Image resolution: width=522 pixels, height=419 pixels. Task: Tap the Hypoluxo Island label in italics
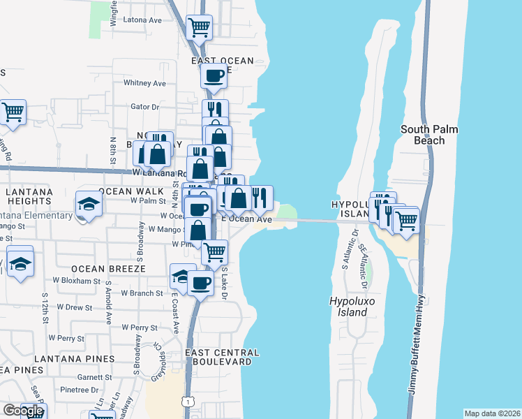348,307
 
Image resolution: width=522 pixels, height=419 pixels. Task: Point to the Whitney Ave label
144,83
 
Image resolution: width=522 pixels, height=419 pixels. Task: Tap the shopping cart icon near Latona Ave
200,28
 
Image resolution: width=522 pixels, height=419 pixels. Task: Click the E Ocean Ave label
246,219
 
